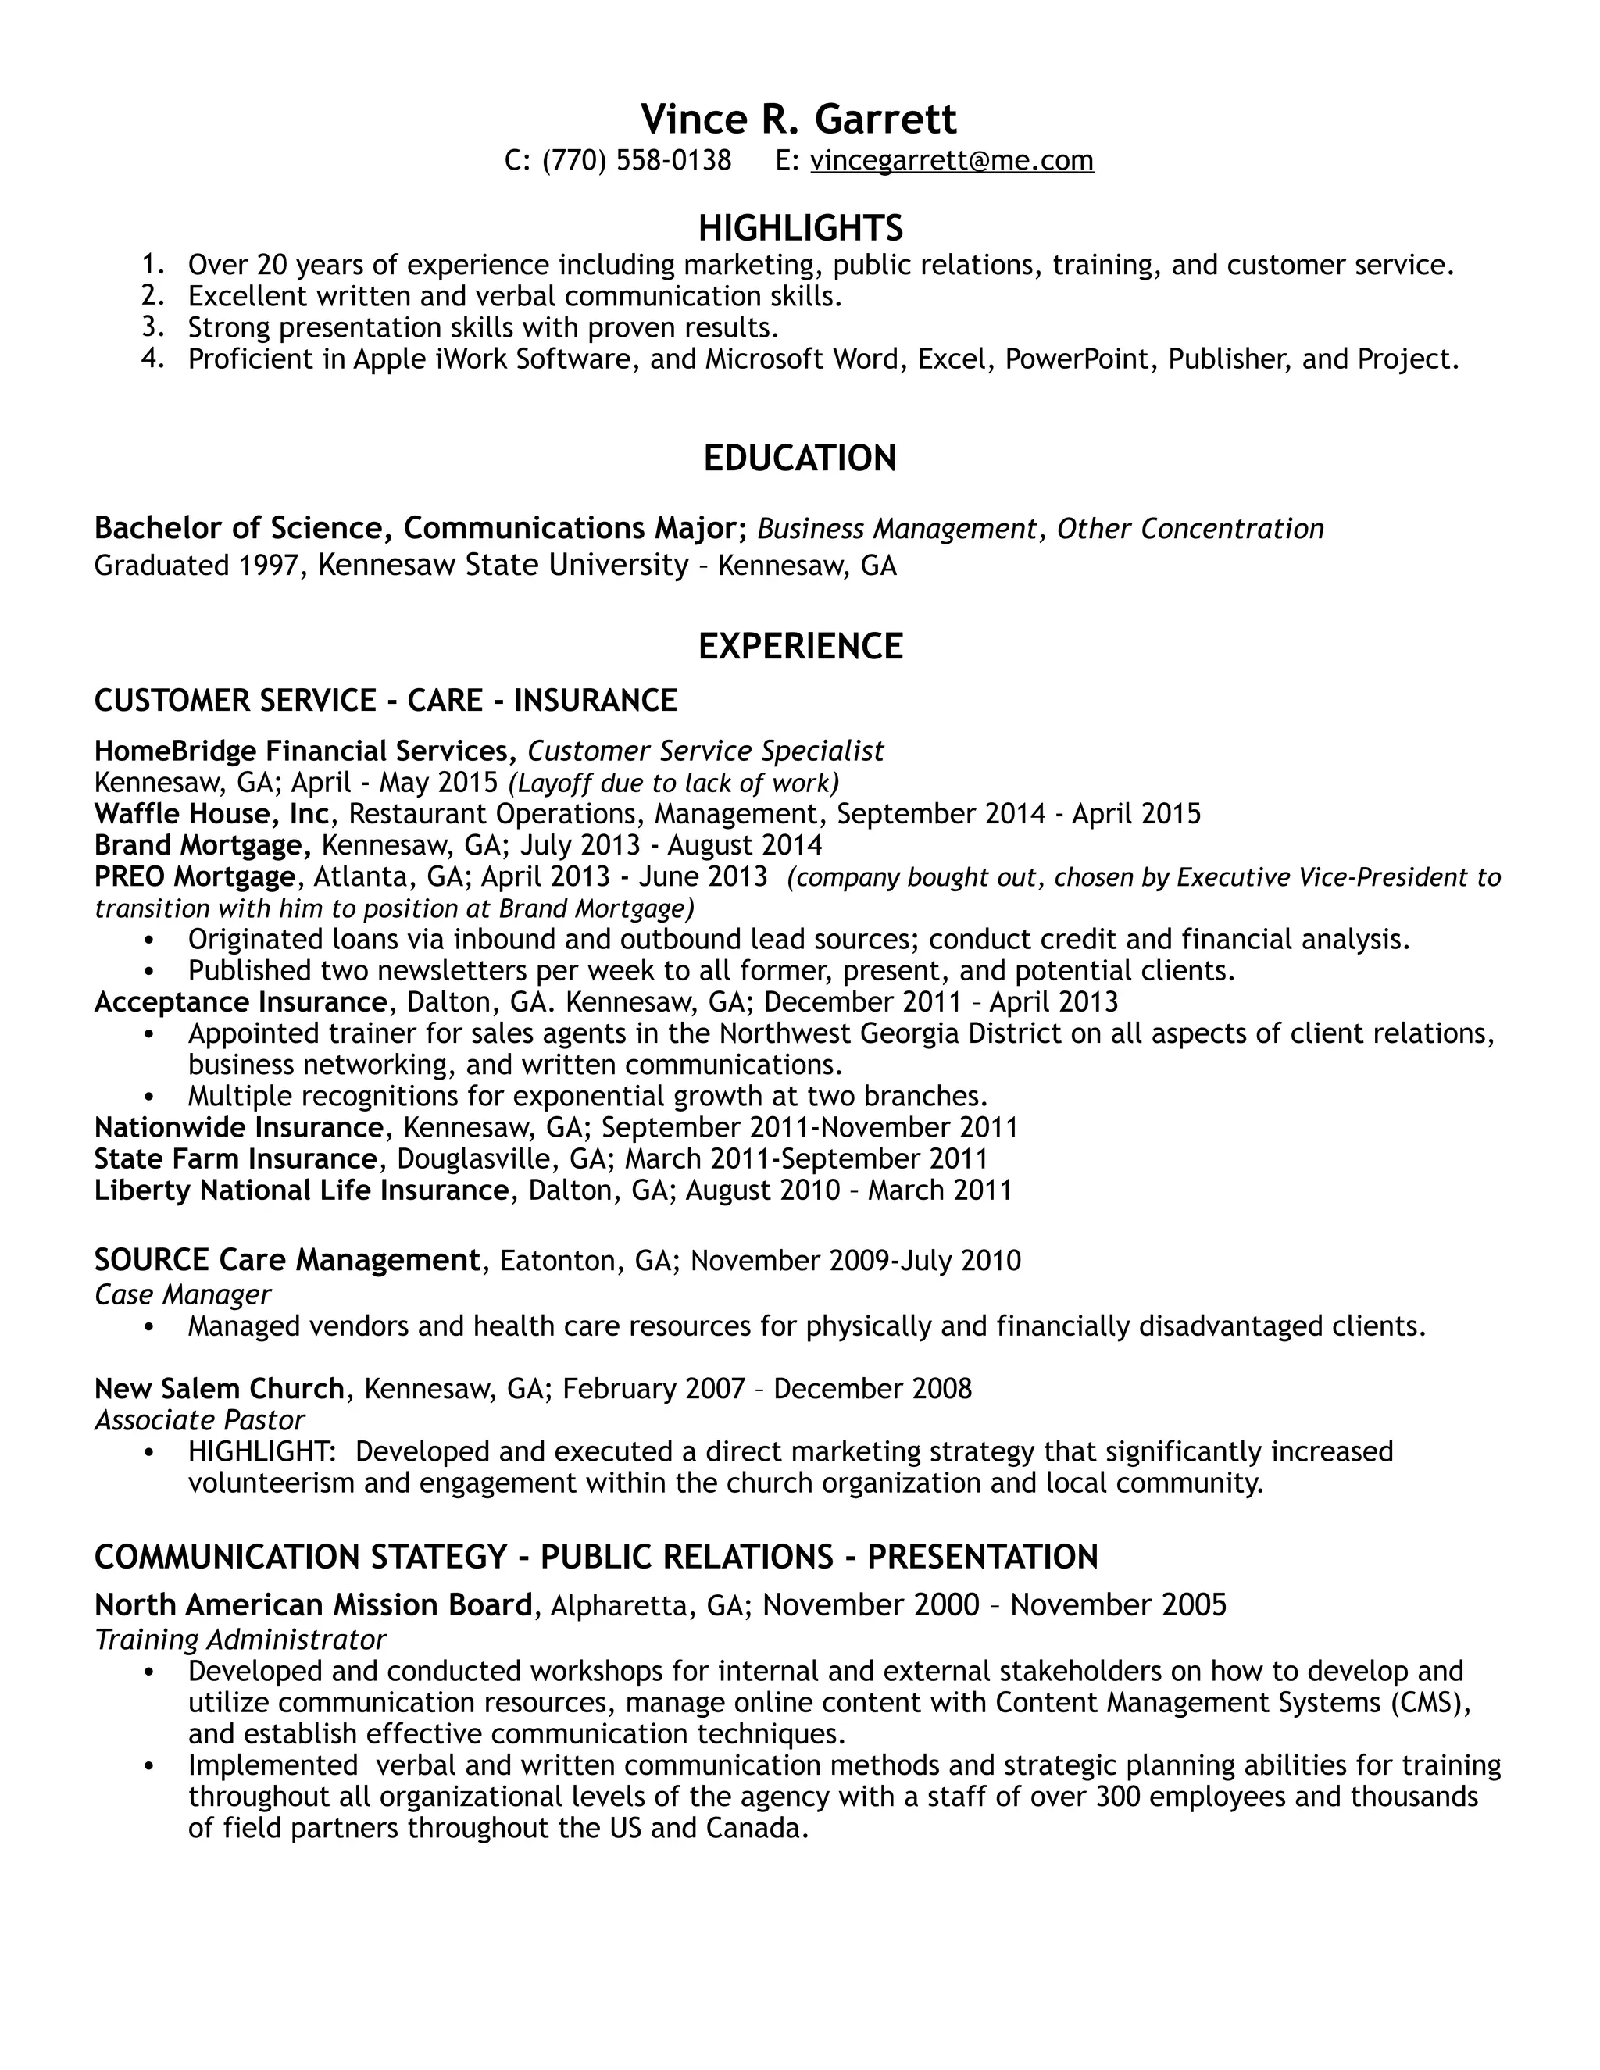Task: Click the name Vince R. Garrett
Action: coord(798,120)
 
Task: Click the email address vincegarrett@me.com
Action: coord(952,160)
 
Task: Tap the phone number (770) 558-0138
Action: coord(636,160)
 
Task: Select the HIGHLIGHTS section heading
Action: coord(800,227)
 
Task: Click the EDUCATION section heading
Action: coord(799,458)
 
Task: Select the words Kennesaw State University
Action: coord(503,565)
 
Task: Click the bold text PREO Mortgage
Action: coord(195,876)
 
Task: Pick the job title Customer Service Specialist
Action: coord(705,751)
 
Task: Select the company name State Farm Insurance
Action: coord(235,1158)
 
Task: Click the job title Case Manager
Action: coord(182,1294)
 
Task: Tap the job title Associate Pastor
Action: coord(199,1420)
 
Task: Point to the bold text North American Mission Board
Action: coord(312,1604)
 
